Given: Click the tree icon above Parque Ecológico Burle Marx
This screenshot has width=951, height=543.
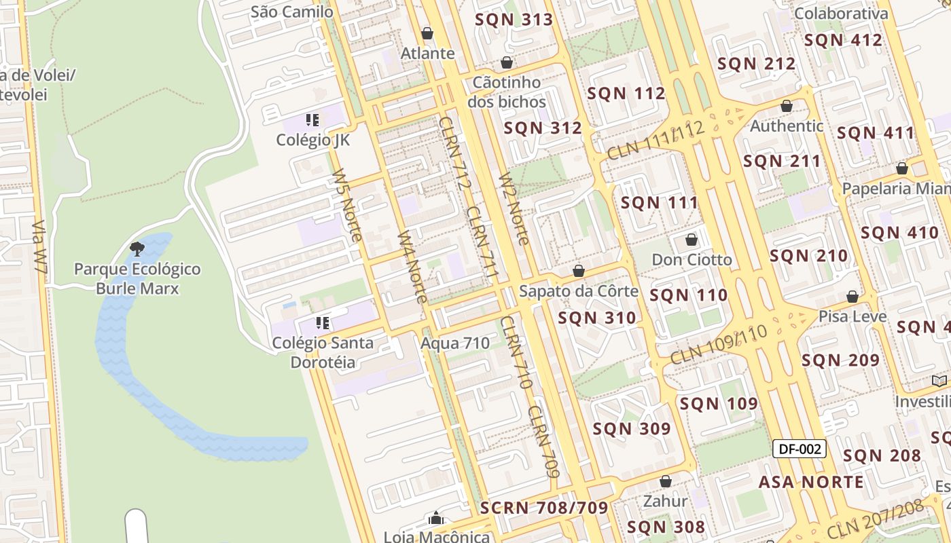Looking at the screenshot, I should click(137, 248).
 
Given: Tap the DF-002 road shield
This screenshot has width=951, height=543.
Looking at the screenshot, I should click(800, 448).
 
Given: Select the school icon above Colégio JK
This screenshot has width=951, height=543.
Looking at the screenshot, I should click(312, 121).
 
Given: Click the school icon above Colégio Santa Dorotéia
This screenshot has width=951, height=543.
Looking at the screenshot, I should click(323, 323).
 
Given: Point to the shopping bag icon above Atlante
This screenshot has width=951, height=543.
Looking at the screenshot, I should click(427, 33).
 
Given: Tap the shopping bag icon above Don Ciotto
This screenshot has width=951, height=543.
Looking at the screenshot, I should click(692, 240).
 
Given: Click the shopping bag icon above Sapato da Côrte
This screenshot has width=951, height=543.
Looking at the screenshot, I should click(579, 271).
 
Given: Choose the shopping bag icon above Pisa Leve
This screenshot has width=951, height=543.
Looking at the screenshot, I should click(853, 297).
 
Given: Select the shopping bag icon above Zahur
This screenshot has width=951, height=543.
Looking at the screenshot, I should click(666, 481).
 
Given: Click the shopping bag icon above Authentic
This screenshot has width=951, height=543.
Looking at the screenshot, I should click(787, 106).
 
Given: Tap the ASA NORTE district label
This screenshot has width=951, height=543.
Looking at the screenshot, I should click(811, 482).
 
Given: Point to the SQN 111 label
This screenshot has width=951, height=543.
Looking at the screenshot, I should click(660, 202).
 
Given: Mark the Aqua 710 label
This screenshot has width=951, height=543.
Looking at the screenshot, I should click(455, 343).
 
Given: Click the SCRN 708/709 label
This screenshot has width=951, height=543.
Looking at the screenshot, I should click(544, 508).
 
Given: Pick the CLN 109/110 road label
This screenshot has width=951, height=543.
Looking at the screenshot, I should click(719, 343).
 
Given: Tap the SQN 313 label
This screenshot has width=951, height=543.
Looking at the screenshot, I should click(514, 19).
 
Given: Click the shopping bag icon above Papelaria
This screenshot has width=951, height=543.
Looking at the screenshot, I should click(902, 168).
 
